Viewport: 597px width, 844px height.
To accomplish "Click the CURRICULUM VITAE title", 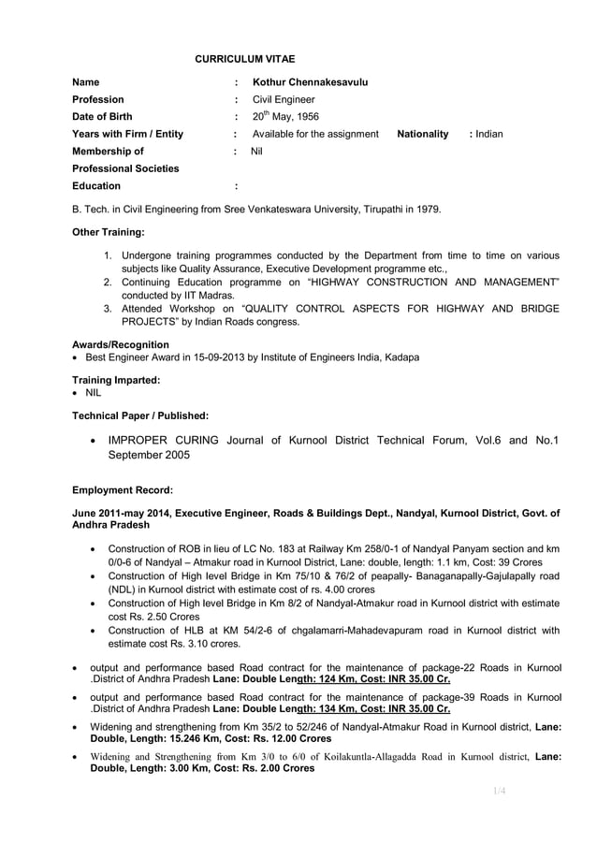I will (244, 60).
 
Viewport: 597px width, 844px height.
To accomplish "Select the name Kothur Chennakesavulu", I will (310, 82).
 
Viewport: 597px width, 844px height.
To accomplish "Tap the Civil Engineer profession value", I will (284, 99).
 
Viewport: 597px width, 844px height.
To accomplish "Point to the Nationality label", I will (422, 135).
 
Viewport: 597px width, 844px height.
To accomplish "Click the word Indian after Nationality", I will (488, 135).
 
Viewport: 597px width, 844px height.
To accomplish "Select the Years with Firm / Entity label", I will (127, 135).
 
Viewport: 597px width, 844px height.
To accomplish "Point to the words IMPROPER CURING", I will (165, 440).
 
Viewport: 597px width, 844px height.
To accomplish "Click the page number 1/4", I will (499, 792).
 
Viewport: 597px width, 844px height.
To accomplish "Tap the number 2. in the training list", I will (109, 282).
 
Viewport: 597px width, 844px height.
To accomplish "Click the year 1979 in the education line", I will (427, 209).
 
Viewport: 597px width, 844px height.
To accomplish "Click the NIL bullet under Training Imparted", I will (94, 393).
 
